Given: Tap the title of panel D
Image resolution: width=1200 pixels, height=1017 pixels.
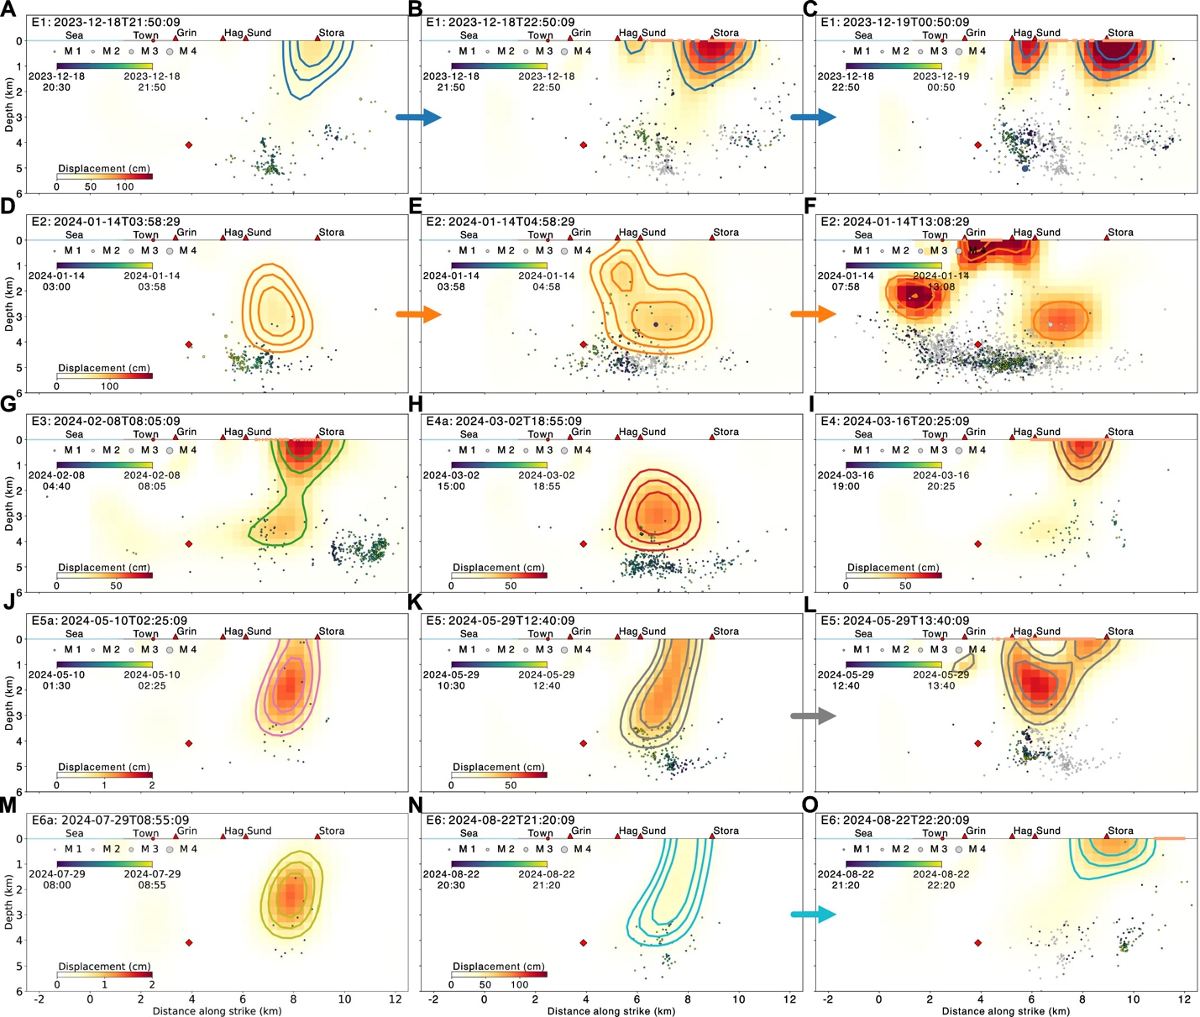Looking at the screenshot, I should pos(105,222).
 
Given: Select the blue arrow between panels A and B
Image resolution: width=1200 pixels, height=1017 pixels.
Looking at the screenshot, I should pos(418,117).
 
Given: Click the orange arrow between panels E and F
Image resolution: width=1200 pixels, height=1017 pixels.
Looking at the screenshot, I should pos(813,315).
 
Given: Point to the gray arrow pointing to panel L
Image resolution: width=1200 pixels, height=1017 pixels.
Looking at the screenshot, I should pos(813,716).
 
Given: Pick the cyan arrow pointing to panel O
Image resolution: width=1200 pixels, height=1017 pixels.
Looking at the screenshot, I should pos(813,915).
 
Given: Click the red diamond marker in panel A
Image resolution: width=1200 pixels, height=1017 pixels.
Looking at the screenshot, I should pos(189,145).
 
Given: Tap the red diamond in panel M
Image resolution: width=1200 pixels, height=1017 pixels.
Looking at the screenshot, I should pos(189,943).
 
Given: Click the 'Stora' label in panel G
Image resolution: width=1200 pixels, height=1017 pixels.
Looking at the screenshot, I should pos(331,432).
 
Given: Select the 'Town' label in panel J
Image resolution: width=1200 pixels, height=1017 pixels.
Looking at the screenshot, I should pos(145,634).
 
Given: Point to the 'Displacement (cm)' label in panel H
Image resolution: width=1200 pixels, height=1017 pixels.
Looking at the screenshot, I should pos(499,568).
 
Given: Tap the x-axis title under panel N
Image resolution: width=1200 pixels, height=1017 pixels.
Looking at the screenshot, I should pos(610,1011).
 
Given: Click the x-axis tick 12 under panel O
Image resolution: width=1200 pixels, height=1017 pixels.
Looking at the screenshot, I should pos(1184,999).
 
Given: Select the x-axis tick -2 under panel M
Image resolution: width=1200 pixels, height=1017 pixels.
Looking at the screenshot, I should pos(39,999).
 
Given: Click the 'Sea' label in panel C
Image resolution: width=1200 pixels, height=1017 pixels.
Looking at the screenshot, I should pos(863,35).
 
